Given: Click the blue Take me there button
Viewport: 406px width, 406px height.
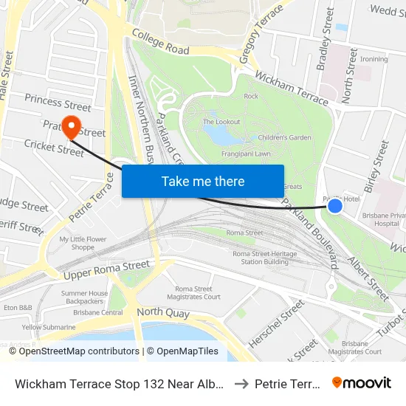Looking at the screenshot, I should coord(203,181).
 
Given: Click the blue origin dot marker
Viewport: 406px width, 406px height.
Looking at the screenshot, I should coord(335,205).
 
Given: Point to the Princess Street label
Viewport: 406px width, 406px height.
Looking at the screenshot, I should coord(58,102).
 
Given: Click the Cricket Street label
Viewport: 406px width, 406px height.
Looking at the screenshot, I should coord(54,148).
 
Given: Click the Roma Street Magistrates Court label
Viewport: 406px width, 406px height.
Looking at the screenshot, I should coord(198,293).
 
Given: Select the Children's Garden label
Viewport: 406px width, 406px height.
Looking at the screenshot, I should coord(284,137).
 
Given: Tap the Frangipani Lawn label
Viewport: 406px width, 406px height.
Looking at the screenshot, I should coord(246,154).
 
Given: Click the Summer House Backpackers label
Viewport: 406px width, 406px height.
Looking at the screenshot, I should coord(84,297).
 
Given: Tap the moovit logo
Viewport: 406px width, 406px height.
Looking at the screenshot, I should coord(362,382).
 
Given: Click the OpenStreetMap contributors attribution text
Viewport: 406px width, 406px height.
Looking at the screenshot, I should coord(74,351).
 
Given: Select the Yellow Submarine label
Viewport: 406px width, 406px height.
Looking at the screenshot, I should coord(49,327).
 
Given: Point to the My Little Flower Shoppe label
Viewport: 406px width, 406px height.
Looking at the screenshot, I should coord(83,244).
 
